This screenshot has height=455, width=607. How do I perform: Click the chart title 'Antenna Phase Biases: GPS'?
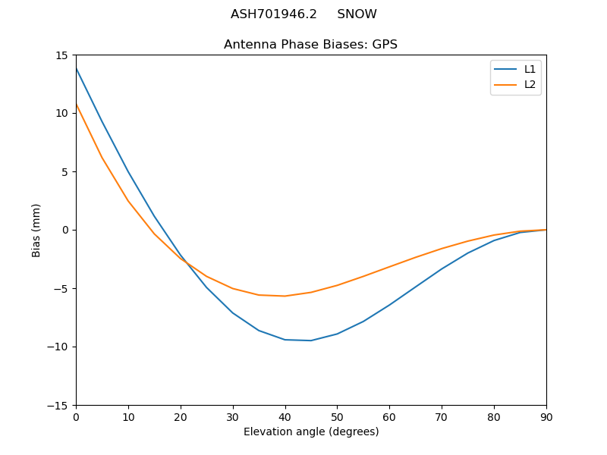(x=310, y=45)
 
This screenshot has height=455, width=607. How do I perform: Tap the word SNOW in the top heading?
(x=357, y=14)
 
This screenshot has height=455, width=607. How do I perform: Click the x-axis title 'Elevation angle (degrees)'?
(x=311, y=432)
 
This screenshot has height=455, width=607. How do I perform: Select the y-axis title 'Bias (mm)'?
(x=36, y=230)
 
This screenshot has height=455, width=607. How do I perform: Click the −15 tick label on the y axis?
(x=61, y=405)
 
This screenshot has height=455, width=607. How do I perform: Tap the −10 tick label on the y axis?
(x=61, y=347)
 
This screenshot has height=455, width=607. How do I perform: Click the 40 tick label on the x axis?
(x=285, y=416)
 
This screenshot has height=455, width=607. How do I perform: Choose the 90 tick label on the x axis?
(x=546, y=416)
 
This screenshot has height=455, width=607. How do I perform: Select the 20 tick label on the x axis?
(x=181, y=416)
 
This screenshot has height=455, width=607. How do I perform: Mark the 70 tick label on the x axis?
(x=442, y=416)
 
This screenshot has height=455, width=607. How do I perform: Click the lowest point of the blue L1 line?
(x=311, y=340)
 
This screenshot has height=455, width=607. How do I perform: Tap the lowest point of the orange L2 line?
(x=285, y=296)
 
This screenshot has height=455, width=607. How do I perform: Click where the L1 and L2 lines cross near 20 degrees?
(x=183, y=259)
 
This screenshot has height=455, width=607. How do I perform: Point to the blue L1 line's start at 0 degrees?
(x=77, y=68)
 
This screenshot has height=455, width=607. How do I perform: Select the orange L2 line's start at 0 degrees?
(x=77, y=104)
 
